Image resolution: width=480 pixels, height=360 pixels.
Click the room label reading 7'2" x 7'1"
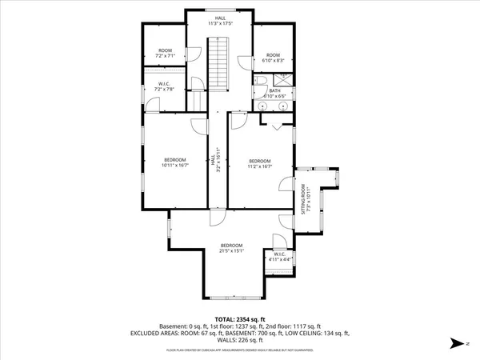(x=165, y=54)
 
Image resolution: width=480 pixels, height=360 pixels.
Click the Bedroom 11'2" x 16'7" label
(x=261, y=163)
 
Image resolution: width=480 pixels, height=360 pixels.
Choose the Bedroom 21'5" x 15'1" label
(x=232, y=248)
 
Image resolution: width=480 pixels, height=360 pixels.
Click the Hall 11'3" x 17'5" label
(x=219, y=21)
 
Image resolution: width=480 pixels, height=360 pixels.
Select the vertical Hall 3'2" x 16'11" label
(x=214, y=162)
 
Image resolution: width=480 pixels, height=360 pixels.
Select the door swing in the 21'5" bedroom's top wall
(x=214, y=218)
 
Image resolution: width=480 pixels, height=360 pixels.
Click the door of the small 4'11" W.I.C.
(x=278, y=241)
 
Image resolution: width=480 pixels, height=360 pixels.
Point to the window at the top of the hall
(x=219, y=10)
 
